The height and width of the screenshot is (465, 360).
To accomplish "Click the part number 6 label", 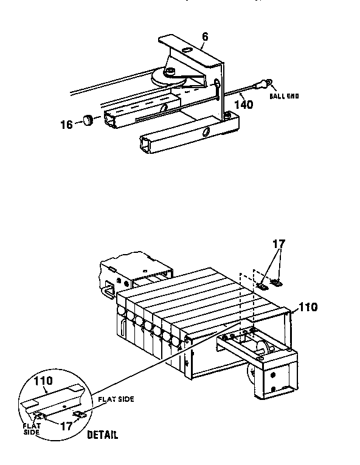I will pos(205,37).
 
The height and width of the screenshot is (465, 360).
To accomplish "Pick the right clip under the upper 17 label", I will pos(277,282).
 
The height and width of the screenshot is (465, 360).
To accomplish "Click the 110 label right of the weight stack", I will pos(308,307).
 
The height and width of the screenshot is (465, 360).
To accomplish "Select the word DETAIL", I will pos(102,435).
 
